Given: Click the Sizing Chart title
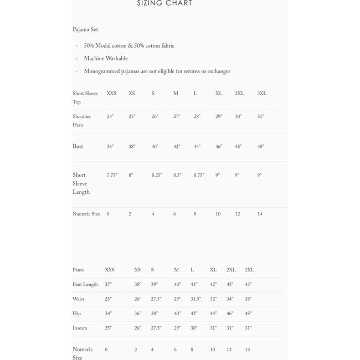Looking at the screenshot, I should (164, 3).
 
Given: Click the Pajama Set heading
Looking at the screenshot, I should (85, 30).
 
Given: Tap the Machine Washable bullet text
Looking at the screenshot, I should (106, 59).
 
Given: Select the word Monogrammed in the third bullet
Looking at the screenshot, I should (101, 72).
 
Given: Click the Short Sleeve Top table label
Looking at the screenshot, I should (85, 97).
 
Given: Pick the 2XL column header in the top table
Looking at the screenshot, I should (239, 94).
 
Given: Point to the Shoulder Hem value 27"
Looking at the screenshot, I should (177, 117).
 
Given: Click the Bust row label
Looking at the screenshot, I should (78, 147).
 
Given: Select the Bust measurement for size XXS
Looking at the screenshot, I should (110, 147).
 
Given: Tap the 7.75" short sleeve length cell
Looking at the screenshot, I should (112, 176).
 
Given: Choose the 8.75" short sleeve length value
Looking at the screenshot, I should (199, 176).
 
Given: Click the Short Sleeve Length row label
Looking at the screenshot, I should (81, 184).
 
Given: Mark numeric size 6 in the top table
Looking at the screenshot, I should (174, 214).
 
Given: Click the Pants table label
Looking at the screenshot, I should (78, 271).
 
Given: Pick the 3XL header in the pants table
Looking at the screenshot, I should (249, 270).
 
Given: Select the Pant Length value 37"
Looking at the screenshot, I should (108, 285).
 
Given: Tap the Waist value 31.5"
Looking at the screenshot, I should (196, 299).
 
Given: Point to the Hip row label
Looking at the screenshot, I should (76, 314).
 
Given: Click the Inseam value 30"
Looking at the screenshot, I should (194, 328).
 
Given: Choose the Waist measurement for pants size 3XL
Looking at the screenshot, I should (248, 299).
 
